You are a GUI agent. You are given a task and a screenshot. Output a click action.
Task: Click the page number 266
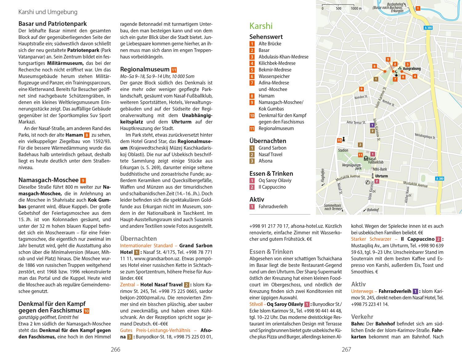[115, 349]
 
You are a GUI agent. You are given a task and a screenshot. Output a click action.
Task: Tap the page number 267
[346, 349]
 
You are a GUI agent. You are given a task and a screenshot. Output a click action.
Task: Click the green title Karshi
[261, 26]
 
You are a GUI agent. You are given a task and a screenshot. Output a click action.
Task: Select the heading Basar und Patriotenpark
[52, 24]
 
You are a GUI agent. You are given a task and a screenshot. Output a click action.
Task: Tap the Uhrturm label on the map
[382, 176]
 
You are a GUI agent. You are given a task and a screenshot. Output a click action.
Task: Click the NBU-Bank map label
[379, 169]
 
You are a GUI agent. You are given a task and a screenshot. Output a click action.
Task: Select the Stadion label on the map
[343, 150]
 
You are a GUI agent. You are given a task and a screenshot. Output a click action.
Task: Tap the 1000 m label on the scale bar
[356, 8]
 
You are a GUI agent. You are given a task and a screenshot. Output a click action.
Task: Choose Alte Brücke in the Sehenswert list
[270, 44]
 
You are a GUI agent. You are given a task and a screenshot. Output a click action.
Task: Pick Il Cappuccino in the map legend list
[272, 187]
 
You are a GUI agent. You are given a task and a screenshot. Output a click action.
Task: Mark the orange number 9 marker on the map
[362, 89]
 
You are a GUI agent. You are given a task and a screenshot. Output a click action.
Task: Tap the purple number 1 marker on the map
[372, 125]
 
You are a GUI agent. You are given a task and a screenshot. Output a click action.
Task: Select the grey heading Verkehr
[362, 317]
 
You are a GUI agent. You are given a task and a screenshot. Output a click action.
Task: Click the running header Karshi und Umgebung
[48, 12]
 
